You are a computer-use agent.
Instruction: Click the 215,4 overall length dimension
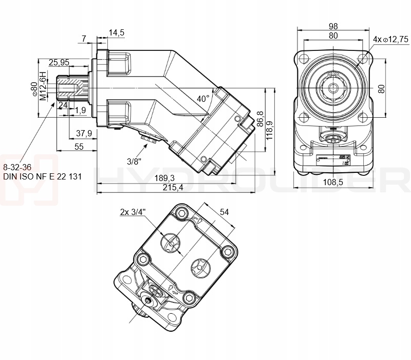click(x=173, y=188)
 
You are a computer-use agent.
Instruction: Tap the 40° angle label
click(x=203, y=98)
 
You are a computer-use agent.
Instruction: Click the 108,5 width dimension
click(x=333, y=182)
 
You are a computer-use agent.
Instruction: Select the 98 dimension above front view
click(x=333, y=26)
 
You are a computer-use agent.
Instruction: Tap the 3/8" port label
click(x=135, y=161)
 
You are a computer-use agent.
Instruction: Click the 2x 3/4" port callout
click(x=133, y=211)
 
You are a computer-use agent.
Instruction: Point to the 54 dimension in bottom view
click(x=224, y=211)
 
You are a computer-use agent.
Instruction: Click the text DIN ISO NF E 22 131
click(x=42, y=176)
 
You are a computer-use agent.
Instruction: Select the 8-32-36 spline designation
click(x=17, y=167)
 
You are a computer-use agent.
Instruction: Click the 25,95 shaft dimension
click(x=59, y=62)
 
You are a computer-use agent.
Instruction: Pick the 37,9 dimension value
click(x=84, y=133)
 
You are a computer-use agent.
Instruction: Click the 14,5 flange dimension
click(x=117, y=33)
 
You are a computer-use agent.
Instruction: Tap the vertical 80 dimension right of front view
click(x=381, y=88)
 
